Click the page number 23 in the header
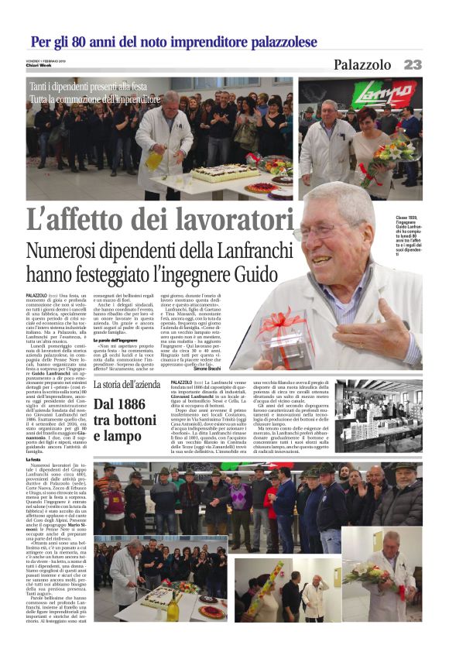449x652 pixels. coord(413,65)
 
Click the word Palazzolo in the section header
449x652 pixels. coord(362,65)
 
